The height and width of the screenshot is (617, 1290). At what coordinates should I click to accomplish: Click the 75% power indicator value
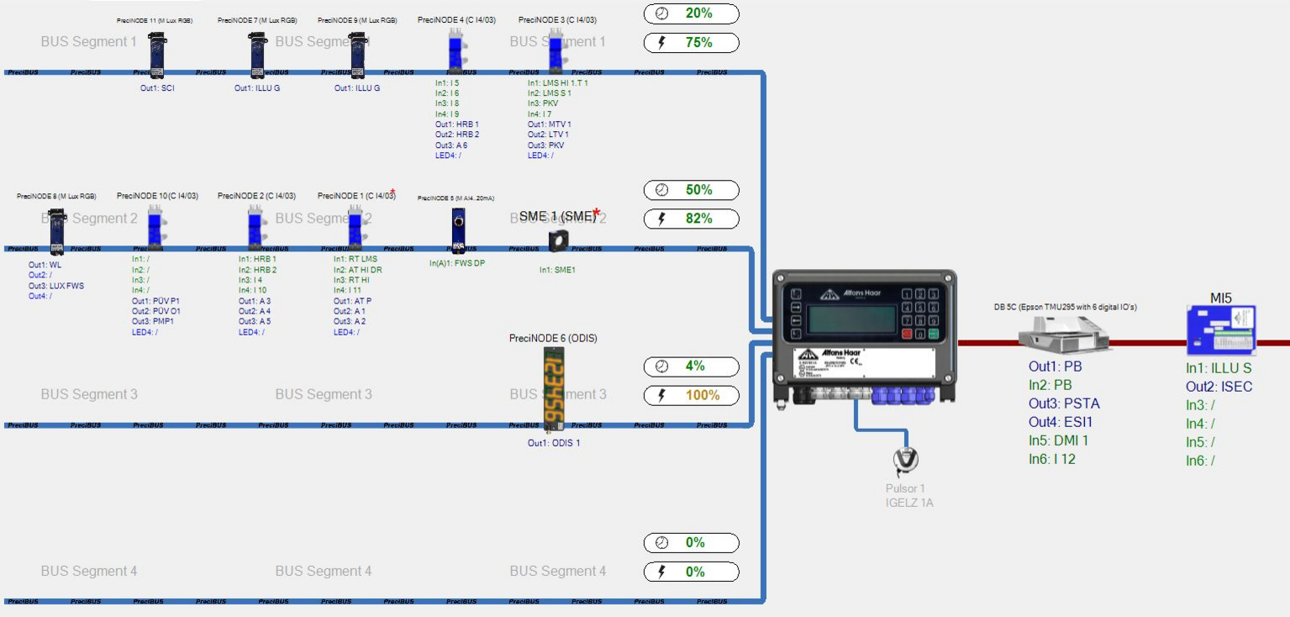698,43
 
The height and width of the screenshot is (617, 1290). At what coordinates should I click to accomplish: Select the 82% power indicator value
698,219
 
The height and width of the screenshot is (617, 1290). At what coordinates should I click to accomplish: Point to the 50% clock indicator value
698,190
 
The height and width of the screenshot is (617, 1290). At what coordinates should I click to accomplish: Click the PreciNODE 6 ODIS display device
554,389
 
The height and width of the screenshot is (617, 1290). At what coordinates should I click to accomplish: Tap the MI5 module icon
1221,332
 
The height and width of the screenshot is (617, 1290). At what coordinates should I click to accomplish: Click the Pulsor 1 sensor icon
906,460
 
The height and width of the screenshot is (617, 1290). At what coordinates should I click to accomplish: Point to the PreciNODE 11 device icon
157,55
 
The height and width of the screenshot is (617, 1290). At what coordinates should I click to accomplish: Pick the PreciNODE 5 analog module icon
458,229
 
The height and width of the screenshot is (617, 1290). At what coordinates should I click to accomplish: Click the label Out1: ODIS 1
554,443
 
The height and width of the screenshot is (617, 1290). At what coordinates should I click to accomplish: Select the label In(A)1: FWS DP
457,263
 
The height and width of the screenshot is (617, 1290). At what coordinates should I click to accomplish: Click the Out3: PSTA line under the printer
1064,403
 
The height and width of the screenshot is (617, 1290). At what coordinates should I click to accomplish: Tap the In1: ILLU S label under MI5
1219,368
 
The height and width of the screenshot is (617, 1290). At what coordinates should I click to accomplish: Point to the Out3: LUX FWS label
56,286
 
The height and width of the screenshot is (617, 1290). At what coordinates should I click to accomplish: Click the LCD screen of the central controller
850,320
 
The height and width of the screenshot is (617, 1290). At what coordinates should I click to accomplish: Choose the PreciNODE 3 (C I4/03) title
557,19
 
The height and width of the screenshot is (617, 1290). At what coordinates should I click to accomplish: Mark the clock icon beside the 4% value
661,367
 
